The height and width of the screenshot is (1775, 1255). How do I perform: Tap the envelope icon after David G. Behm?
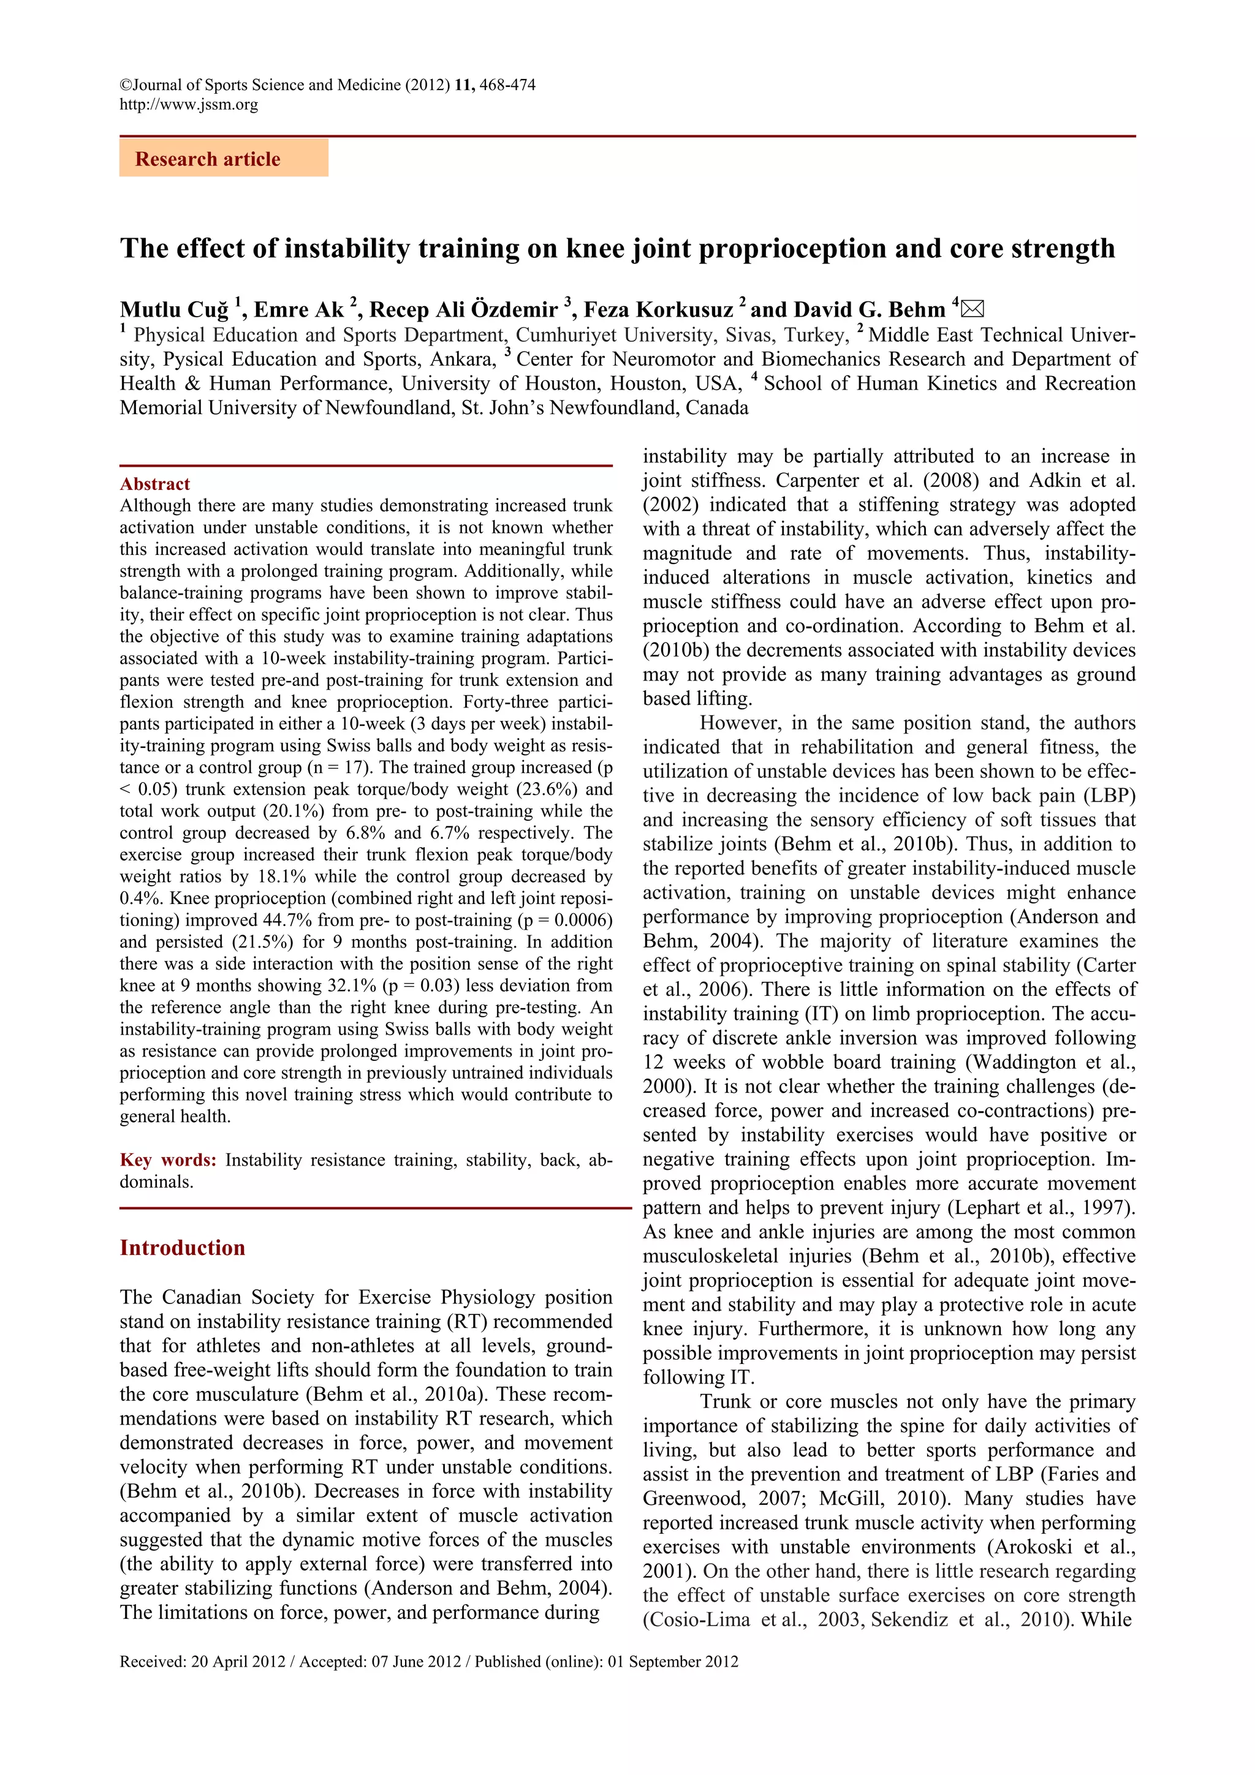pos(973,309)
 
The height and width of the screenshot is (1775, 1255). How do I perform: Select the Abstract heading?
pos(154,484)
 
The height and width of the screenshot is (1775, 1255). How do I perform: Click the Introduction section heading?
pos(183,1248)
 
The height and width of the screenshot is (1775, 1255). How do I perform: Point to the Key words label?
pos(168,1159)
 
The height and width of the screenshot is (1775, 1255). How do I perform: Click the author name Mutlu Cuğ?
pos(174,310)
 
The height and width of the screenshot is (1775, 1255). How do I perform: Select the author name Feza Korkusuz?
pos(658,310)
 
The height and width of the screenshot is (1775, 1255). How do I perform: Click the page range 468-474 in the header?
pos(507,85)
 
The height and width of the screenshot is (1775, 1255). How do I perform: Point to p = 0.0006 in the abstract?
pos(566,920)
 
